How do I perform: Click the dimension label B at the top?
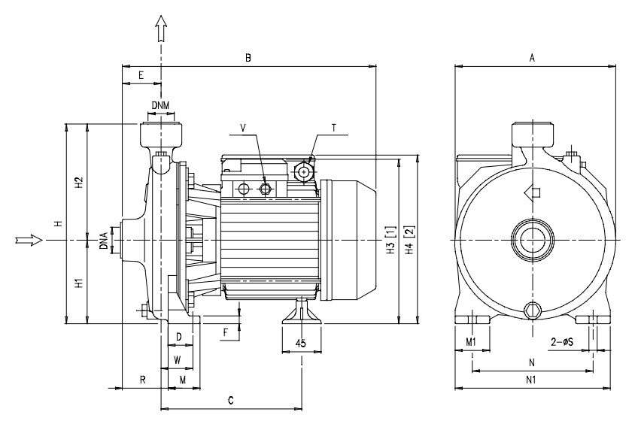coord(248,58)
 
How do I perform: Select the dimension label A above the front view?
coord(532,58)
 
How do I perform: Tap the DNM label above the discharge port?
coord(160,105)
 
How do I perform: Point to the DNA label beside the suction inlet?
coord(104,241)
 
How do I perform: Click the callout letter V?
coord(243,128)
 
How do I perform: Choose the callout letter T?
coord(334,128)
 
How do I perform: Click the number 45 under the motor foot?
coord(300,344)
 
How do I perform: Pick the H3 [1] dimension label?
coord(390,240)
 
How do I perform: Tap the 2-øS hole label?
coord(562,342)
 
